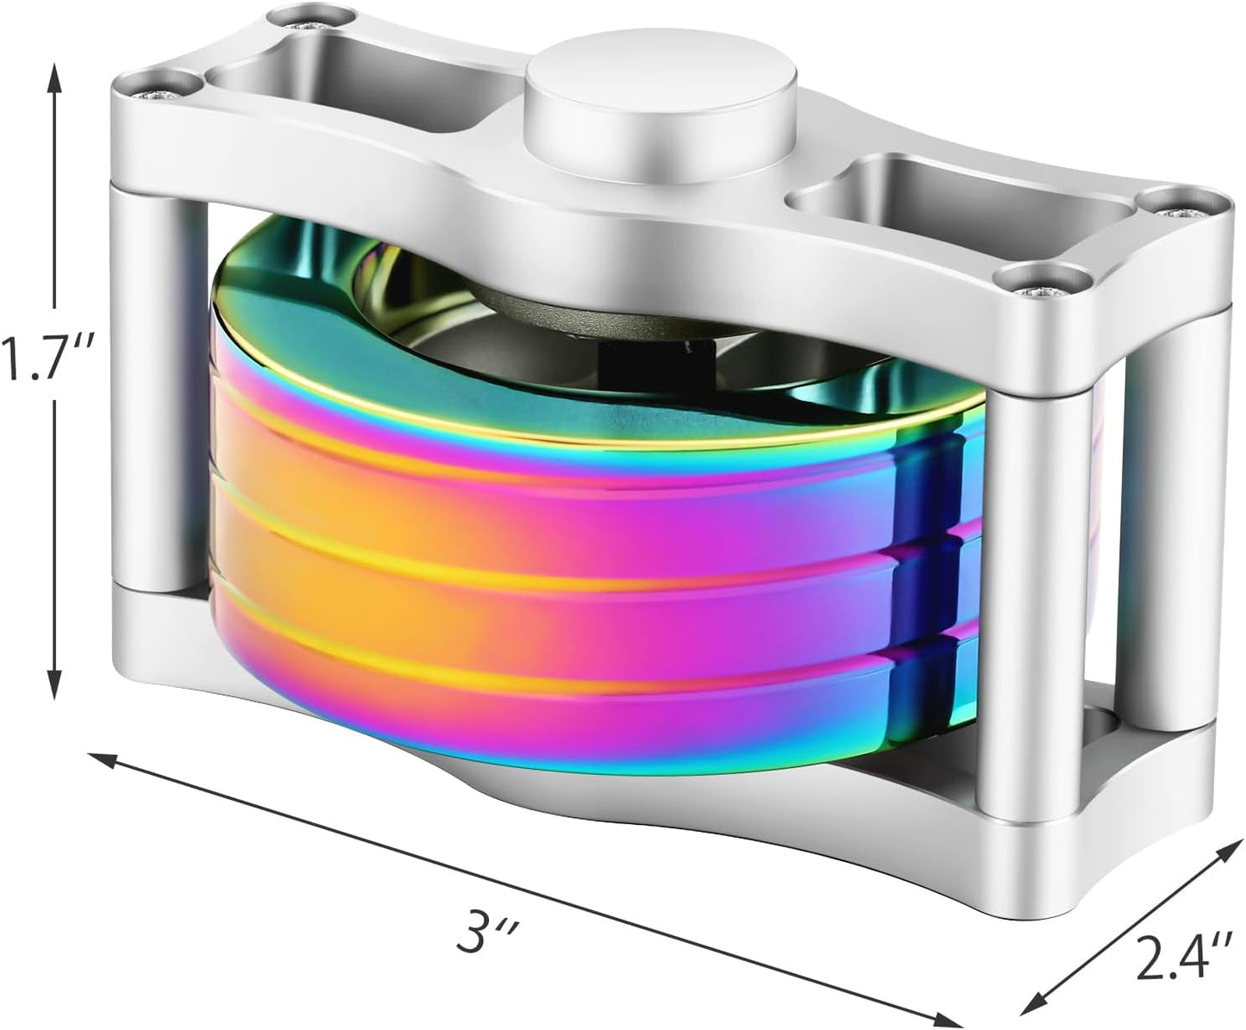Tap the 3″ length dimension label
tap(479, 933)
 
